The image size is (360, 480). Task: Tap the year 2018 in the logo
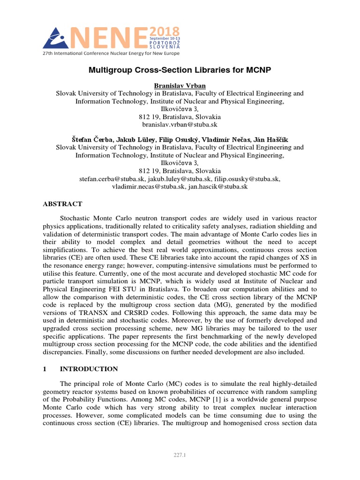[x=164, y=31]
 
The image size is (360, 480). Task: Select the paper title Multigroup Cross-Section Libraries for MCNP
[x=180, y=70]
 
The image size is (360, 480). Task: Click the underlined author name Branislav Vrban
[x=180, y=85]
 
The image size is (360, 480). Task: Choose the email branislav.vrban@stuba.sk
[x=180, y=125]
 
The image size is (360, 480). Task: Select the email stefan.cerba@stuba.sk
[x=112, y=179]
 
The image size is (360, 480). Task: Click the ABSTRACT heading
[x=62, y=204]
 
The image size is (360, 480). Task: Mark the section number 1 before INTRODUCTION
[x=45, y=369]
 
